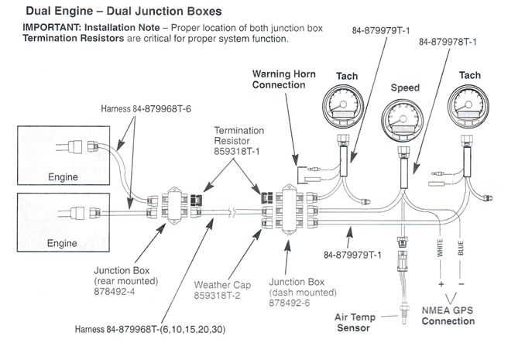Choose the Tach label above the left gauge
[346, 75]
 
